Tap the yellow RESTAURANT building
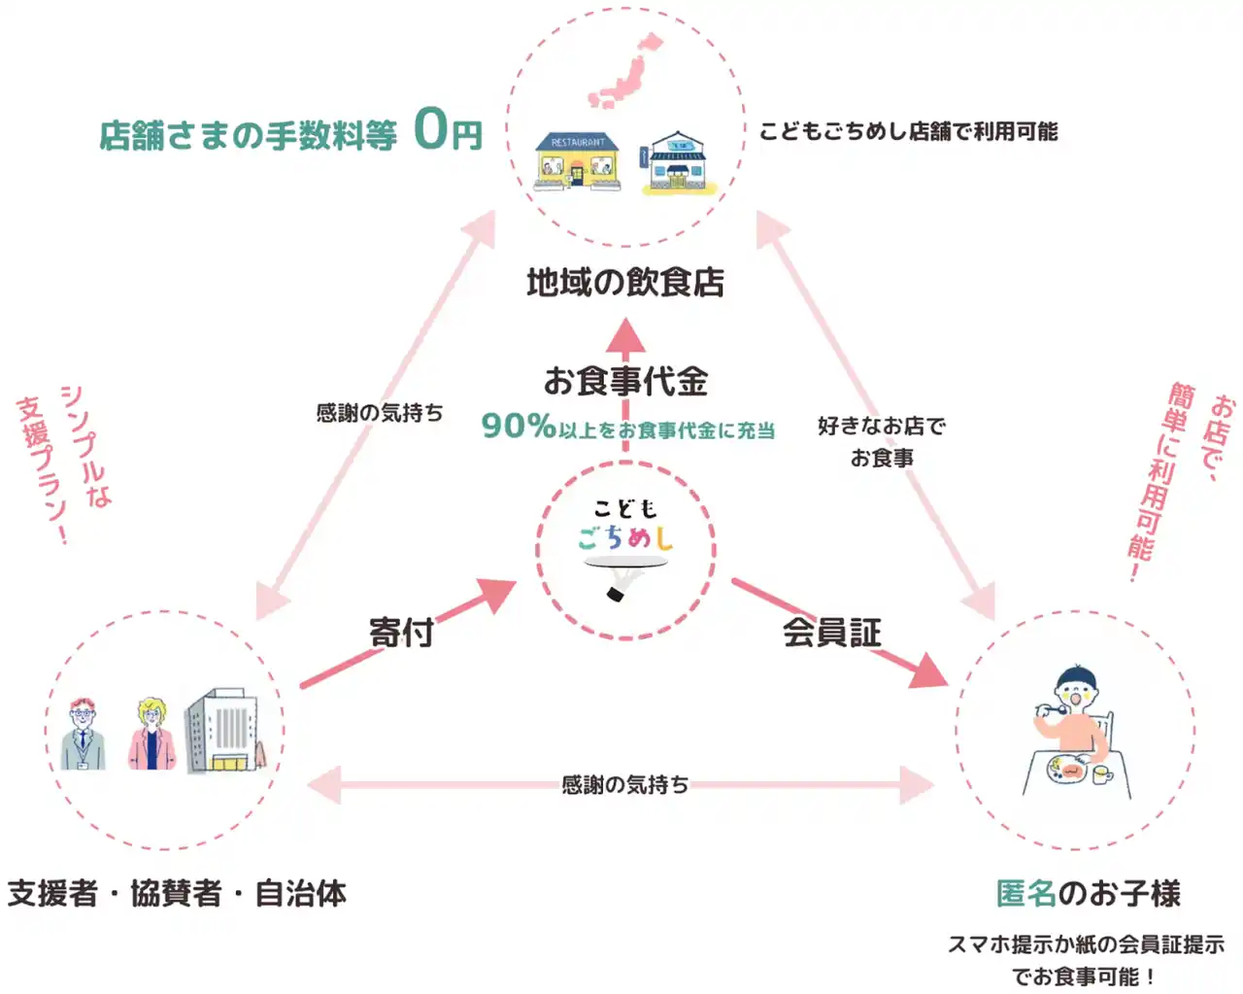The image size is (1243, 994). [577, 160]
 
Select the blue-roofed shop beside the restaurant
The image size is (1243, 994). [676, 163]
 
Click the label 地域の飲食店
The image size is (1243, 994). [625, 283]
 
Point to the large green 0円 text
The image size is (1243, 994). [448, 130]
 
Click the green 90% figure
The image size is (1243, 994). [518, 426]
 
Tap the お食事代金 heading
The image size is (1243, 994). [625, 381]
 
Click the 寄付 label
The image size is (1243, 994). [401, 633]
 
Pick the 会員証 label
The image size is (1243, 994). [832, 633]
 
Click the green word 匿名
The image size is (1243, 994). [1025, 893]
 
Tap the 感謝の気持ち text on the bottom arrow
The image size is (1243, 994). [624, 784]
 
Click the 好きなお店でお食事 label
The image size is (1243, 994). [882, 441]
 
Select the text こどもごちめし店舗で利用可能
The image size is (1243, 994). [908, 131]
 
